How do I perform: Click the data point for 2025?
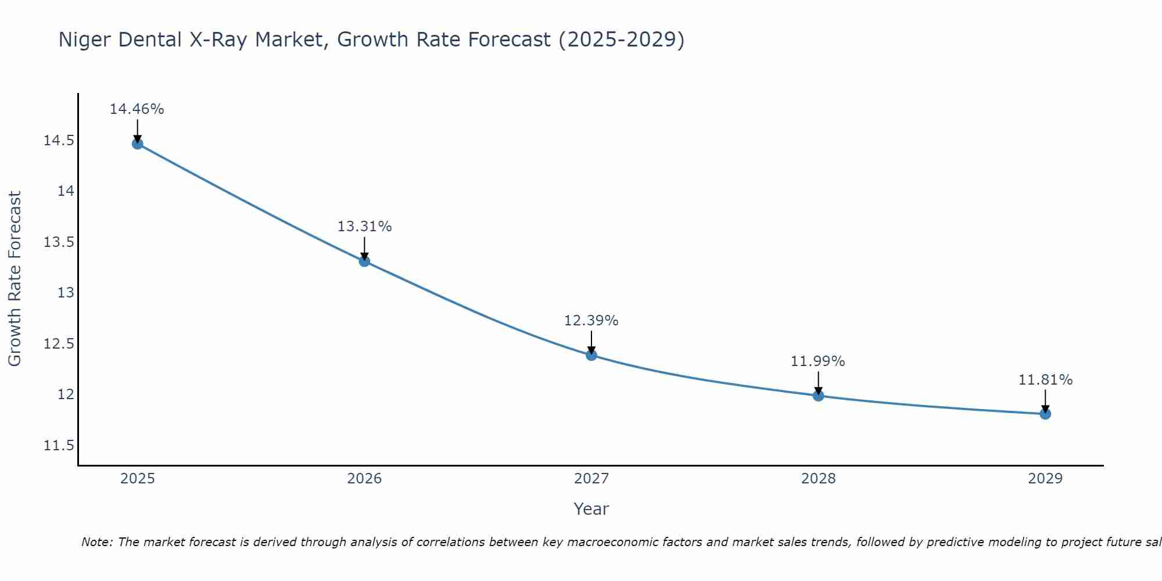[138, 144]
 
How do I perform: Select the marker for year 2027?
[591, 355]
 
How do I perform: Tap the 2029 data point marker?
[1045, 414]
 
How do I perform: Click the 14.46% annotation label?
[137, 109]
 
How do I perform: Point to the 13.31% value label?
[364, 227]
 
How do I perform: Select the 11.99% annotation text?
[817, 361]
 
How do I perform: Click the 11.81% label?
[1045, 380]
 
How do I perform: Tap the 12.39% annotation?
[591, 321]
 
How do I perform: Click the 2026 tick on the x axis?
[364, 479]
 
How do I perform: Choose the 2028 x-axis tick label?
[818, 479]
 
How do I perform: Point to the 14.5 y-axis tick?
[59, 141]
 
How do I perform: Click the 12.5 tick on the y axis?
[59, 344]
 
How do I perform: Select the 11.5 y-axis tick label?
[59, 446]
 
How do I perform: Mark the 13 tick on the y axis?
[66, 293]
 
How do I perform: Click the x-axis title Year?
[591, 509]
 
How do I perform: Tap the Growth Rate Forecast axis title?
[15, 279]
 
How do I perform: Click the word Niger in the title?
[85, 40]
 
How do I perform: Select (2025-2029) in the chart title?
[621, 40]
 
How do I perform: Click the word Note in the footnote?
[97, 542]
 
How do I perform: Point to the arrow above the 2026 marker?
[364, 248]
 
